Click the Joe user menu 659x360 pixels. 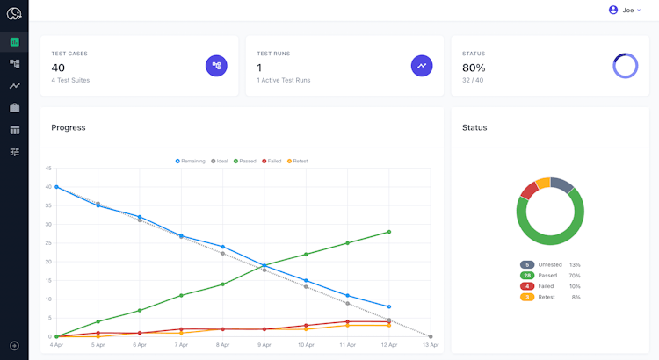pos(625,11)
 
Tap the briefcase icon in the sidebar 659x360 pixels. pos(14,108)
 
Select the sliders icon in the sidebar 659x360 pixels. pos(14,152)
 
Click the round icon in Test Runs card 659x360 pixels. pos(422,65)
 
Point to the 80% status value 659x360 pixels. pos(474,68)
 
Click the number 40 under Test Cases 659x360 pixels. pos(58,68)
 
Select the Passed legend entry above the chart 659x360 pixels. pos(245,161)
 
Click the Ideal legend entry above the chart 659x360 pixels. pos(219,161)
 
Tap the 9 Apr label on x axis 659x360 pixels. pos(264,346)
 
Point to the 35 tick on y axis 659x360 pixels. pos(49,205)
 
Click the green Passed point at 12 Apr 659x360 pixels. pos(388,232)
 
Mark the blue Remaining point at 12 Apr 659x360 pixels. pos(388,306)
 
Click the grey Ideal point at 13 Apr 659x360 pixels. pos(431,336)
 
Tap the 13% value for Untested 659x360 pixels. pos(575,264)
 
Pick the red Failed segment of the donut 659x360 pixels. pos(529,190)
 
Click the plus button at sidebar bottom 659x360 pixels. pos(14,346)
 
